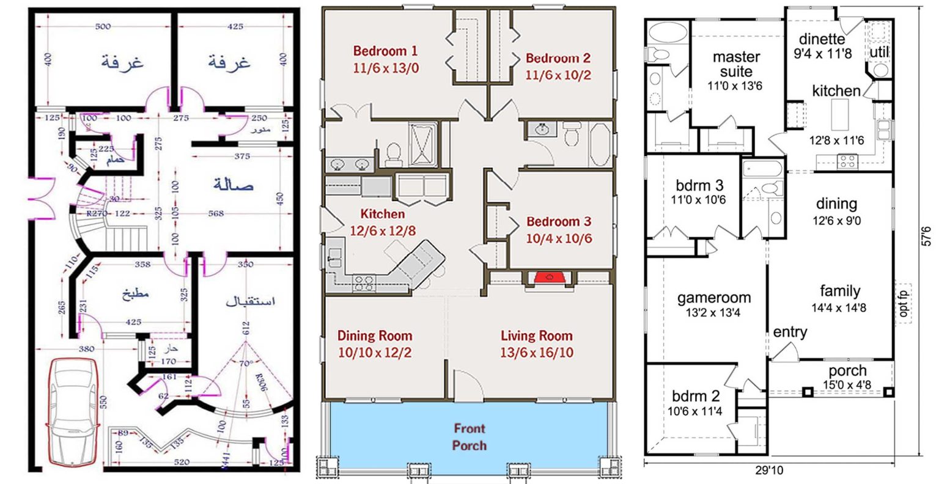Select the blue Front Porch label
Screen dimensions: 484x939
469,437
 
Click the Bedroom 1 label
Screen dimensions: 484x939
386,59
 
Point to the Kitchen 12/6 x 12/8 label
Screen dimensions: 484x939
382,222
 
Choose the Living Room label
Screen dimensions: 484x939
536,343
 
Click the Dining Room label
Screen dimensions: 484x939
374,343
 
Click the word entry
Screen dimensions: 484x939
790,332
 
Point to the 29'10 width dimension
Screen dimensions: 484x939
768,471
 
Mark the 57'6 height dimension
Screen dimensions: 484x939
927,236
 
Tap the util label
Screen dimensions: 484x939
879,52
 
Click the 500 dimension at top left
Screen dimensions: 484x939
103,26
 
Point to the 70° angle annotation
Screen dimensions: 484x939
246,363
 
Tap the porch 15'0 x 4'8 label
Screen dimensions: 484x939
847,376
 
